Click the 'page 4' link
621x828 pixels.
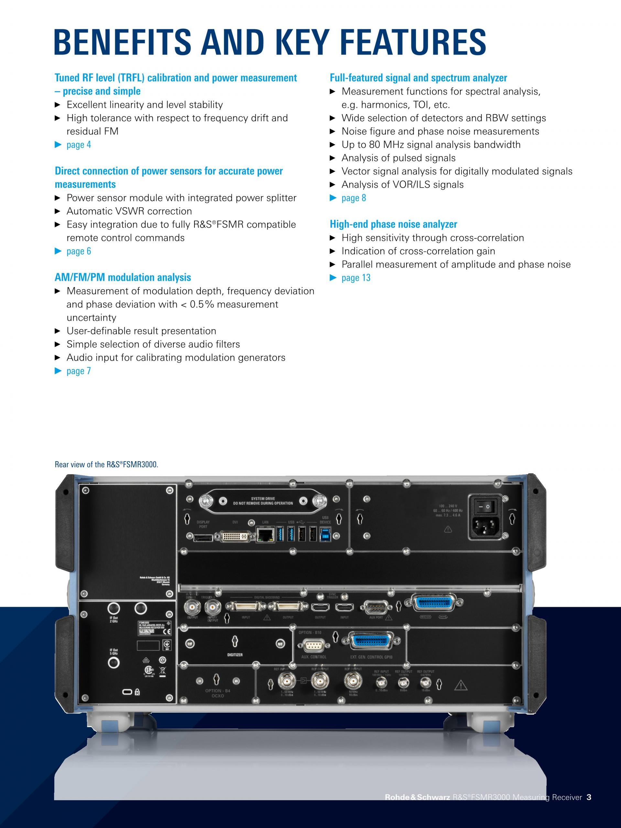coord(78,145)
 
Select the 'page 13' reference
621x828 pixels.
coord(355,278)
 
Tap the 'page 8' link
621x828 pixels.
coord(354,198)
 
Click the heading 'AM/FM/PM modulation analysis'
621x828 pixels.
coord(123,278)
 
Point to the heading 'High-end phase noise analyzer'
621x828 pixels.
coord(393,224)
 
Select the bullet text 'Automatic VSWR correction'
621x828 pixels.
coord(129,211)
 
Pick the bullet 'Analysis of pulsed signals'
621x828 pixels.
coord(398,158)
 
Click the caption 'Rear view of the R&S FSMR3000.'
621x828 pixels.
coord(106,464)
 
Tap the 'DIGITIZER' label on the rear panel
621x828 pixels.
coord(235,655)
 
